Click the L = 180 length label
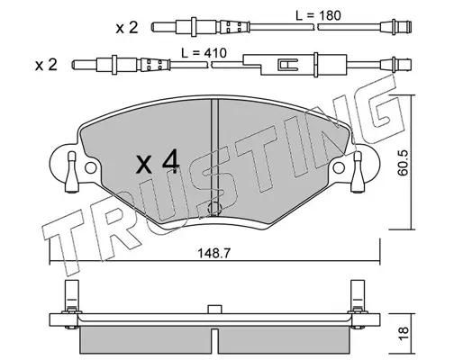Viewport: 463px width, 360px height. [318, 15]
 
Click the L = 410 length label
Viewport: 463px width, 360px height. [204, 53]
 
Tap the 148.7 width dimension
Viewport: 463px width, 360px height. [213, 254]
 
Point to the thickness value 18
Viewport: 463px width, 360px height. [404, 333]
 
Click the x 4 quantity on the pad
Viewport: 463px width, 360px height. [158, 164]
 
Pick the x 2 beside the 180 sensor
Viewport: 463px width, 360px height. [127, 28]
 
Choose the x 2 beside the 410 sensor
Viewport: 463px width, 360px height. [46, 65]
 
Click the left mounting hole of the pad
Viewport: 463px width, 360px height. [91, 167]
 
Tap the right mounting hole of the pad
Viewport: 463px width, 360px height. [339, 167]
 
